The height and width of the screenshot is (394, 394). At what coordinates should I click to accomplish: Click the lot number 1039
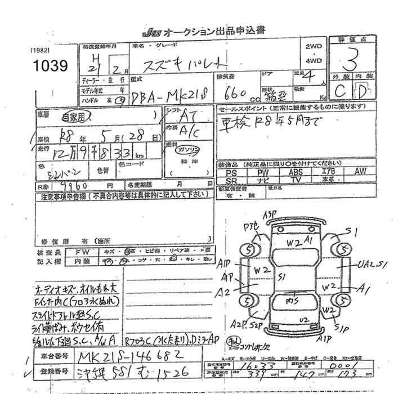(x=50, y=66)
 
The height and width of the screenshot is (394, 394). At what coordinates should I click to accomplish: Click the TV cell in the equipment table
(x=296, y=180)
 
